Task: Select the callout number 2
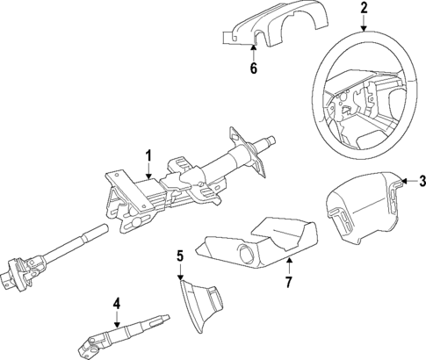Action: [363, 10]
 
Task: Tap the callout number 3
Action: [421, 182]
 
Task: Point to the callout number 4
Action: [115, 305]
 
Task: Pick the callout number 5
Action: [179, 256]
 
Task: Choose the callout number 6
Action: [254, 68]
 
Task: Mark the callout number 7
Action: [287, 281]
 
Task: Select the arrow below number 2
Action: [363, 25]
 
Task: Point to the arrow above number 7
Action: [287, 265]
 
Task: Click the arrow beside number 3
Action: [407, 182]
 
